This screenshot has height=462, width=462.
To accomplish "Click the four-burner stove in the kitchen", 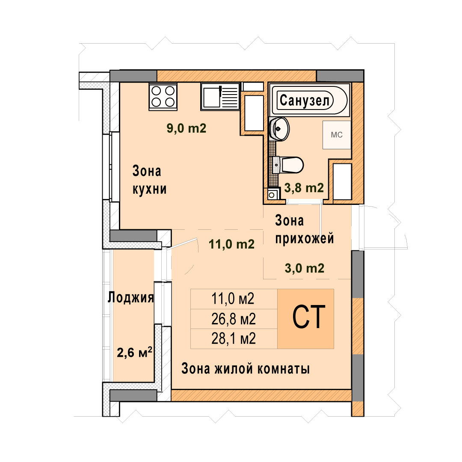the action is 163,97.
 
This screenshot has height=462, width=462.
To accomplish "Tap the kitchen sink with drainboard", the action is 220,96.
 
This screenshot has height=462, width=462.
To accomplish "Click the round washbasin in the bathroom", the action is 279,129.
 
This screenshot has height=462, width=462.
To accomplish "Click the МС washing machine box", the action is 337,135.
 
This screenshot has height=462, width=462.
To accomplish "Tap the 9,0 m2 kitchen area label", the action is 187,128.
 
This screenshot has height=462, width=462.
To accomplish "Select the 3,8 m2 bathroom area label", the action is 304,188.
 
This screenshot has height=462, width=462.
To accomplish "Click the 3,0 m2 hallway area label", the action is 305,268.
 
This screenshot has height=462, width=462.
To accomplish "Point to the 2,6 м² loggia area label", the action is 135,352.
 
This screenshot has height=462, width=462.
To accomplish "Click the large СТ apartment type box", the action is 305,319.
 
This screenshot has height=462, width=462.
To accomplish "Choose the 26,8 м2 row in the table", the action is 234,319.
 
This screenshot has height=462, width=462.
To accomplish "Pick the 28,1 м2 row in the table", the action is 234,339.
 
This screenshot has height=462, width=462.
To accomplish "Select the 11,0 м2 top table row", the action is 234,299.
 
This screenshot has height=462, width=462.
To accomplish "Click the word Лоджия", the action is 131,297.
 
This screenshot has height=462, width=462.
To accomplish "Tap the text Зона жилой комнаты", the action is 246,368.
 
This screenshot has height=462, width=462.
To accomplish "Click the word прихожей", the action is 305,238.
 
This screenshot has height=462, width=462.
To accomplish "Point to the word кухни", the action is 150,189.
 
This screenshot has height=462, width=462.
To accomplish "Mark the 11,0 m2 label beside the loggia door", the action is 231,244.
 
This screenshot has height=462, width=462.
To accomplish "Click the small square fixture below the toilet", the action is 272,195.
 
